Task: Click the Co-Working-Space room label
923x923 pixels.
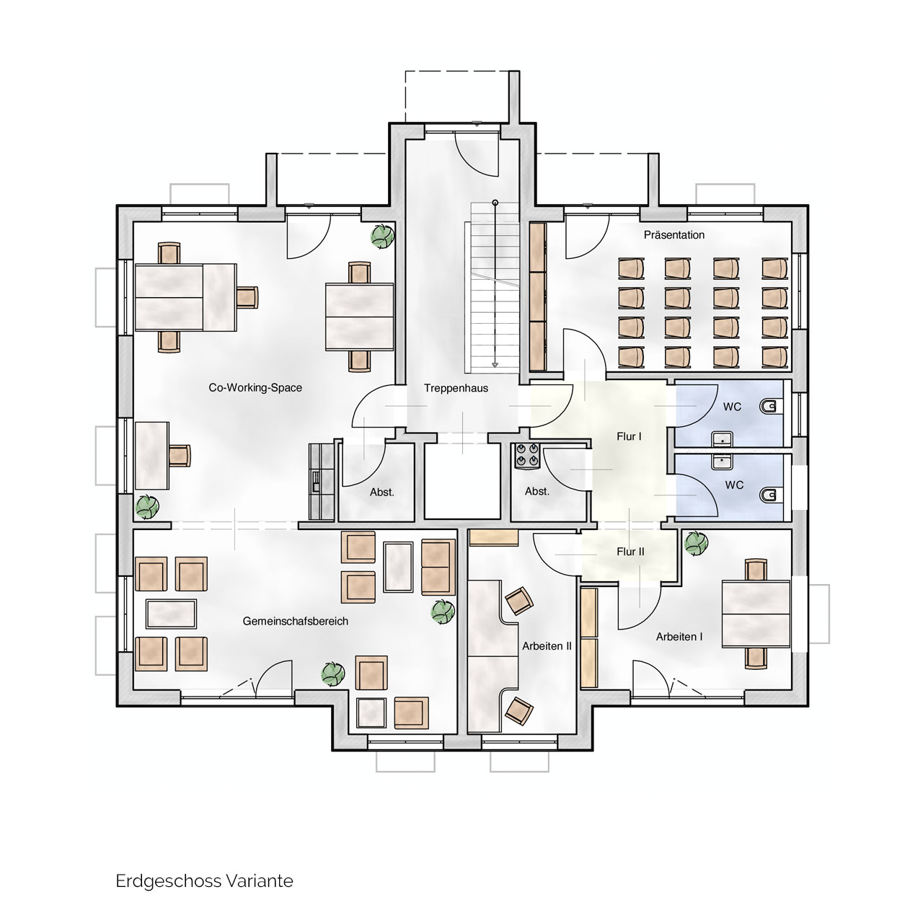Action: [x=255, y=387]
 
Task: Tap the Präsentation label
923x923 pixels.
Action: [x=674, y=234]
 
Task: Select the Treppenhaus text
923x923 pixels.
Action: [x=456, y=388]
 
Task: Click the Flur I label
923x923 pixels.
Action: [x=629, y=436]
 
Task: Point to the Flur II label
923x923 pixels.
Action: [x=630, y=552]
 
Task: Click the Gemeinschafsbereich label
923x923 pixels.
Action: [x=296, y=622]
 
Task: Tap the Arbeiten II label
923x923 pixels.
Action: [x=547, y=646]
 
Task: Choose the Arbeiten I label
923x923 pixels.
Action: [x=679, y=637]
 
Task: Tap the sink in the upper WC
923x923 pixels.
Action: [x=721, y=438]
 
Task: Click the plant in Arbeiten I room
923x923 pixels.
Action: [x=696, y=543]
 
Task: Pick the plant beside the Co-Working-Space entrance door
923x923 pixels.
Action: [x=383, y=236]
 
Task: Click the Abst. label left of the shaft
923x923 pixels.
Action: [x=381, y=492]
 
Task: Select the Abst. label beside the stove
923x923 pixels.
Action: [x=537, y=492]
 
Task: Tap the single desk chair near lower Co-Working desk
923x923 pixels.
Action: [x=180, y=455]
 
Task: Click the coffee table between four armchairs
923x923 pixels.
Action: [x=171, y=614]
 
